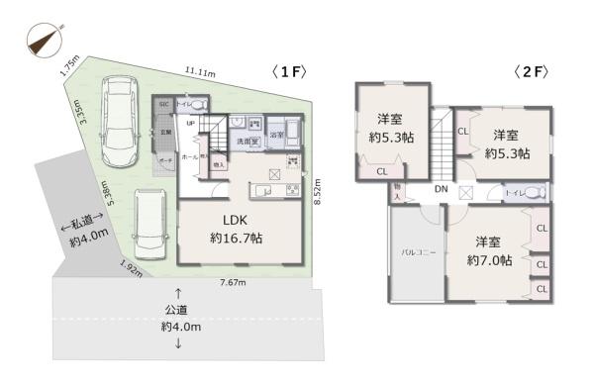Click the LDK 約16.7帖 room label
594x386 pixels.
click(x=236, y=230)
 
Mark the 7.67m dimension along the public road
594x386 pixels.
click(x=233, y=284)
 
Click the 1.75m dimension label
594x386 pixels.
click(x=69, y=65)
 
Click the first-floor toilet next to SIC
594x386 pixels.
click(x=193, y=104)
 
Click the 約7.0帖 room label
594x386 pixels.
click(x=489, y=251)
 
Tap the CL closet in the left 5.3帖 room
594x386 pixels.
click(x=381, y=170)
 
